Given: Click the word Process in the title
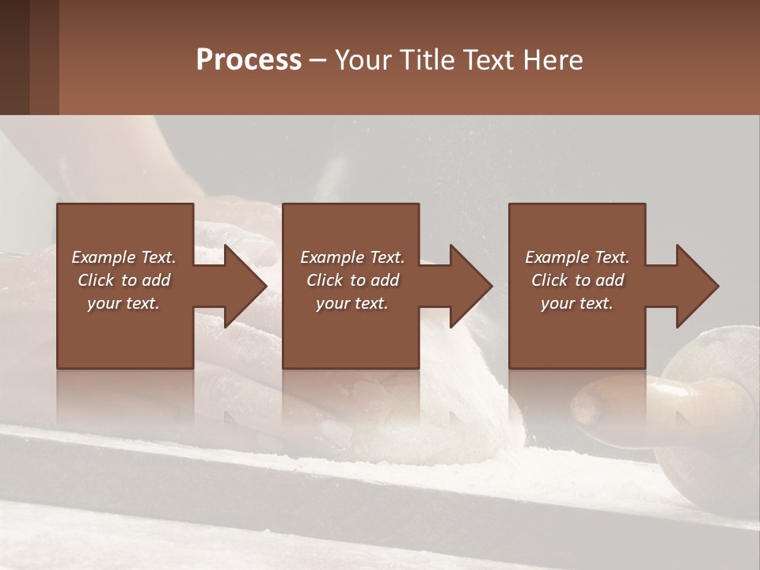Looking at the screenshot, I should click(249, 60).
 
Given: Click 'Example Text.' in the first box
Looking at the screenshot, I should click(123, 257).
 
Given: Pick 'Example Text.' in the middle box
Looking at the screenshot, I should click(352, 257).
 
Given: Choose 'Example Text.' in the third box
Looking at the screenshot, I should click(577, 257).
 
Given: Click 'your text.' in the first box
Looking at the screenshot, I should click(123, 303).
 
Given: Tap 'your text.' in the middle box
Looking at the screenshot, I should click(352, 303).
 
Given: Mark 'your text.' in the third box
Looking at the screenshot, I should click(577, 303).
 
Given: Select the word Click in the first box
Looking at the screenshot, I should click(96, 280).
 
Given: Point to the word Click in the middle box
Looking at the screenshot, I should click(325, 280).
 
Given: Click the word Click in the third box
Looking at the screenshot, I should click(549, 280).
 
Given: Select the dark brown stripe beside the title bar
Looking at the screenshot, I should click(14, 57).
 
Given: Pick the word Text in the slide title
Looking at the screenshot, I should click(488, 60).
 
